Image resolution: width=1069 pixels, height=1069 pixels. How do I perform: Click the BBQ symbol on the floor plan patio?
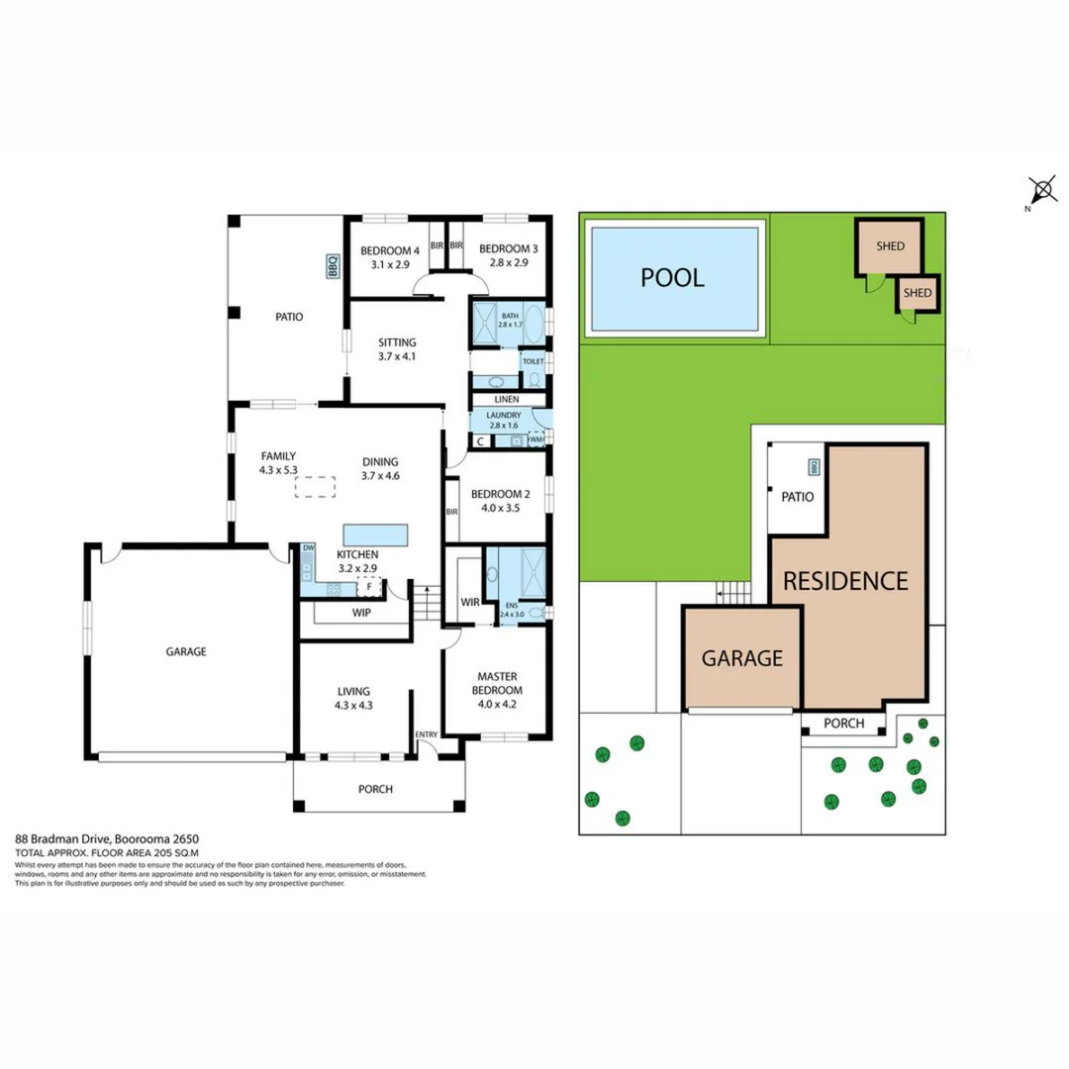click(x=333, y=265)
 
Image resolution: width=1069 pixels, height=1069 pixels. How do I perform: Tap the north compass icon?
click(x=1041, y=190)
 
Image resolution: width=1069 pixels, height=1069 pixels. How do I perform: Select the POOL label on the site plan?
click(x=672, y=277)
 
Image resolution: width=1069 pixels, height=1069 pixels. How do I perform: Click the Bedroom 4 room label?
click(x=390, y=257)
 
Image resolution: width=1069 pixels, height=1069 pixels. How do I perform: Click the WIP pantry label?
click(x=361, y=613)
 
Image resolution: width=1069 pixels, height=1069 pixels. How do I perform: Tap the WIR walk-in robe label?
click(x=470, y=602)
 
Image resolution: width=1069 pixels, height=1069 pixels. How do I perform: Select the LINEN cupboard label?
click(x=507, y=399)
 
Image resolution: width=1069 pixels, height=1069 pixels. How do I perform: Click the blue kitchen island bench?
click(x=375, y=534)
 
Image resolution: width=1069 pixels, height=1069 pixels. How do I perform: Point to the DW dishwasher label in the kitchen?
click(x=308, y=547)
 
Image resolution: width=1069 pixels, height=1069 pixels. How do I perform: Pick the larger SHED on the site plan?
click(x=890, y=246)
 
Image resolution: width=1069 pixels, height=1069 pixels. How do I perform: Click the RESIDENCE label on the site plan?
click(x=845, y=581)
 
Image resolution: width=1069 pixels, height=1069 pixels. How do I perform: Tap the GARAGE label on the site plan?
click(x=742, y=658)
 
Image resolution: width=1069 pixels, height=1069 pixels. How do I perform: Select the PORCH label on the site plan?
click(x=843, y=724)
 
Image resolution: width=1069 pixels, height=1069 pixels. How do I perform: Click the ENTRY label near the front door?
click(x=427, y=733)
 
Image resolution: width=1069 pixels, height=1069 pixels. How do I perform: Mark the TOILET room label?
click(x=533, y=362)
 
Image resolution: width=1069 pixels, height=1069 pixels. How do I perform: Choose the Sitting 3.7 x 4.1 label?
click(x=397, y=349)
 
